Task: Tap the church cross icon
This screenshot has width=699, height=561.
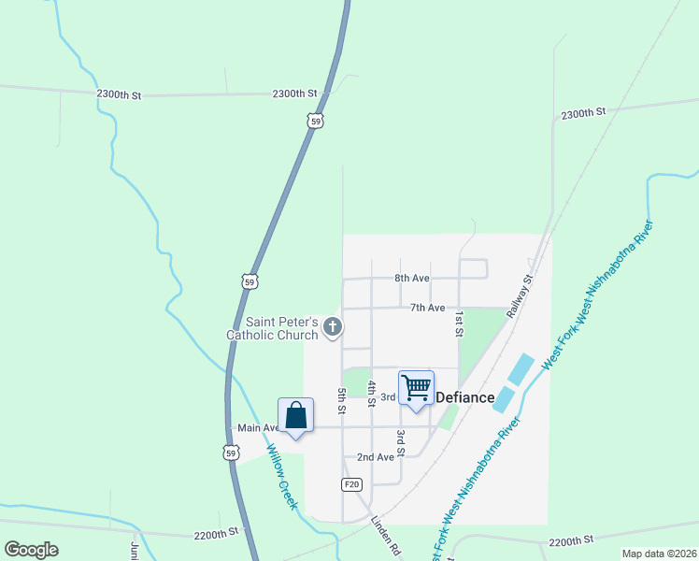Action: coord(333,326)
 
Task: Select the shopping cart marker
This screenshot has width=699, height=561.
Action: coord(416,387)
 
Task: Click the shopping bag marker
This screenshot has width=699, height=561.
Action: coord(295,415)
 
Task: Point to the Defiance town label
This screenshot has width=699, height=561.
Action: coord(465,397)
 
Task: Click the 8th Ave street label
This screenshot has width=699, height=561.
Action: coord(411,279)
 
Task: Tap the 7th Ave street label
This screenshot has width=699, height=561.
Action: coord(426,308)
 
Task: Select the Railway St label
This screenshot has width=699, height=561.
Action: coord(521,297)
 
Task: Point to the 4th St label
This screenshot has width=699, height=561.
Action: coord(371,394)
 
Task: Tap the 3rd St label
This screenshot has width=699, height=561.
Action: coord(400,443)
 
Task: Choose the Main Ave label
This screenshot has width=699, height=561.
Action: coord(259,428)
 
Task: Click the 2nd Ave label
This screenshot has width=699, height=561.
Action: coord(376,457)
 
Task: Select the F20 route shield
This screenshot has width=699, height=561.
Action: coord(351,483)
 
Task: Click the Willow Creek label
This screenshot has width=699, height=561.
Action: coord(282,477)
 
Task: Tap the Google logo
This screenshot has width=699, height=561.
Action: coord(32,550)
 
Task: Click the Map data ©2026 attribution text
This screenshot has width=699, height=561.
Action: coord(659,554)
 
